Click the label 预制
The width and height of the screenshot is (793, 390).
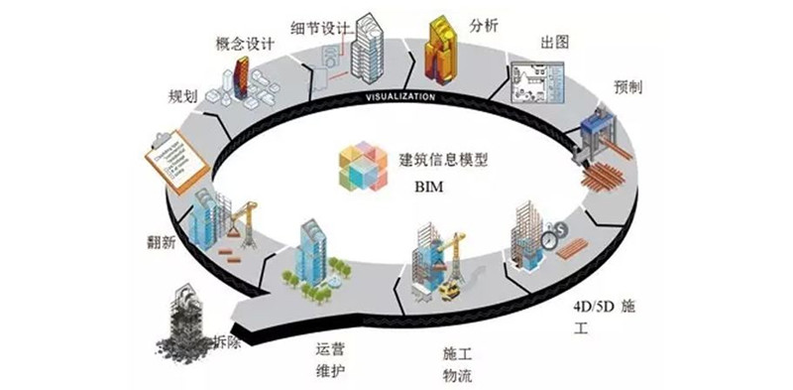point(627,86)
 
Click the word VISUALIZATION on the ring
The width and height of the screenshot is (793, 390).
point(400,97)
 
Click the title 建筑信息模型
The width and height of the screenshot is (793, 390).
point(444,159)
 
